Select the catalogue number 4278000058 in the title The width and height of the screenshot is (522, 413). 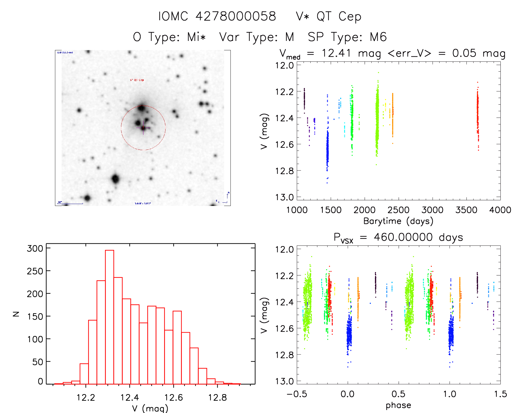(x=236, y=16)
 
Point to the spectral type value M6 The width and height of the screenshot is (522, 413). (x=378, y=37)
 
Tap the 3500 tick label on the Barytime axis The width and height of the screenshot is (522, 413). (x=466, y=210)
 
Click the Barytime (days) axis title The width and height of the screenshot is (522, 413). (x=398, y=221)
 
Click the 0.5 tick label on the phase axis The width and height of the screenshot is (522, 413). (x=398, y=394)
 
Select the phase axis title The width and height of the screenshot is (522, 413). (x=398, y=405)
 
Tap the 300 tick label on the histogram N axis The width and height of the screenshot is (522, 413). (x=35, y=248)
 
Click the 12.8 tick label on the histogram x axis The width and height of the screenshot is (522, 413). (x=217, y=398)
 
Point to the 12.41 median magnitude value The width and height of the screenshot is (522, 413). (x=336, y=53)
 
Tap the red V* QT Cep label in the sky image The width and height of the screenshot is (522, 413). (x=137, y=80)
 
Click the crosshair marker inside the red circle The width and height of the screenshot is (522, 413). (x=143, y=128)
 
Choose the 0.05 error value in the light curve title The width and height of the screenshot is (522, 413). (x=464, y=53)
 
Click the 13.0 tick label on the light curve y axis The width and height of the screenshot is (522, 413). (x=284, y=197)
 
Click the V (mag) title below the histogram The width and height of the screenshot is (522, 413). (x=150, y=408)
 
